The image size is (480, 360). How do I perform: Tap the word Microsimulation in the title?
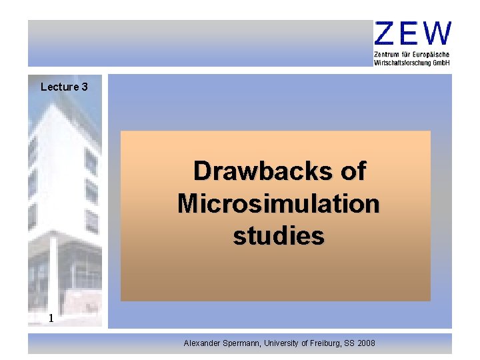pos(279,203)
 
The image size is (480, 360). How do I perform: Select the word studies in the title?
pos(279,235)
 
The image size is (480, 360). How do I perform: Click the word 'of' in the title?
pos(353,172)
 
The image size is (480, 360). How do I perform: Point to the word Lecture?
pos(59,87)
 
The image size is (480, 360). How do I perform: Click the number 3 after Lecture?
pos(85,87)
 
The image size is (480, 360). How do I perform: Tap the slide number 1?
pos(51,319)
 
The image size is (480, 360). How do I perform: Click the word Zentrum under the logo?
pos(387,54)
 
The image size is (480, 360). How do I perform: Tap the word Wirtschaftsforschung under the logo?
pos(402,62)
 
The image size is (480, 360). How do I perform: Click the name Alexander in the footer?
pos(203,343)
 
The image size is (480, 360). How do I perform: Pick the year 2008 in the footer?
pos(366,343)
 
